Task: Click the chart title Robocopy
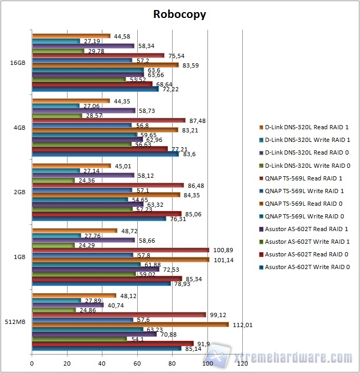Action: point(179,14)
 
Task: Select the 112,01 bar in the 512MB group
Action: point(130,324)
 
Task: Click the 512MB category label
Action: point(15,322)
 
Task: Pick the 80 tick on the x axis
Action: point(173,364)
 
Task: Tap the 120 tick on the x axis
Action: point(243,364)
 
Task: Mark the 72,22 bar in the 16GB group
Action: point(95,89)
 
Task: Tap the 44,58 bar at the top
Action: point(71,36)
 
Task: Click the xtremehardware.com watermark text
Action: point(293,359)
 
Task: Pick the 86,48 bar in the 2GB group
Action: point(108,186)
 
